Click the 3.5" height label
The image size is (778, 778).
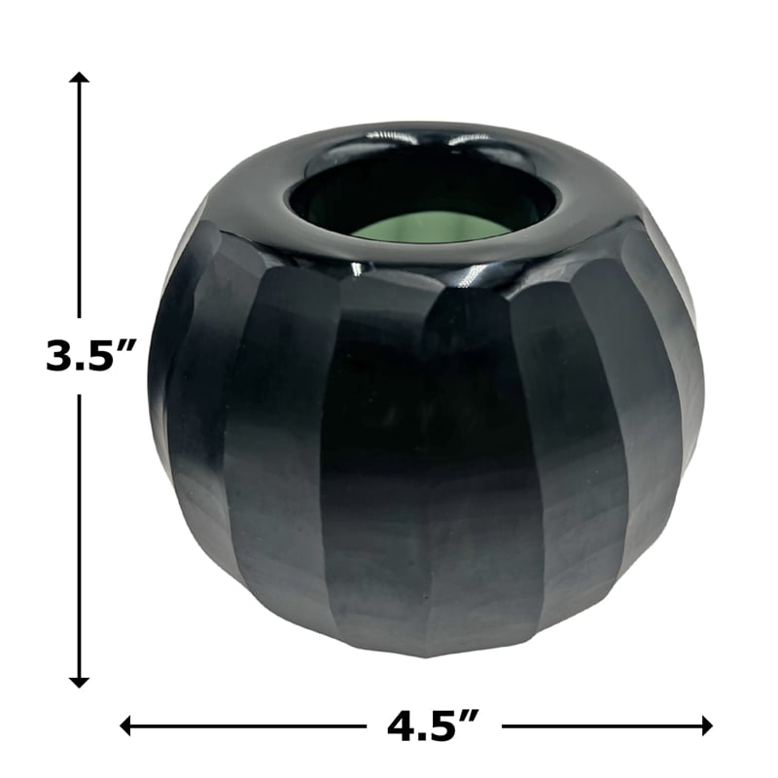[90, 355]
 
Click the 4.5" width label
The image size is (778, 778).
[433, 726]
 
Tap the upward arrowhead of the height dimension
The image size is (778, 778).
[79, 78]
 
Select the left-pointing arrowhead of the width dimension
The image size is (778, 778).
[125, 726]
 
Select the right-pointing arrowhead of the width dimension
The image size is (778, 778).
[707, 726]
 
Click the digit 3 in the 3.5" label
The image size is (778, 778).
[59, 355]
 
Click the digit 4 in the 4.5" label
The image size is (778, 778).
[403, 726]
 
